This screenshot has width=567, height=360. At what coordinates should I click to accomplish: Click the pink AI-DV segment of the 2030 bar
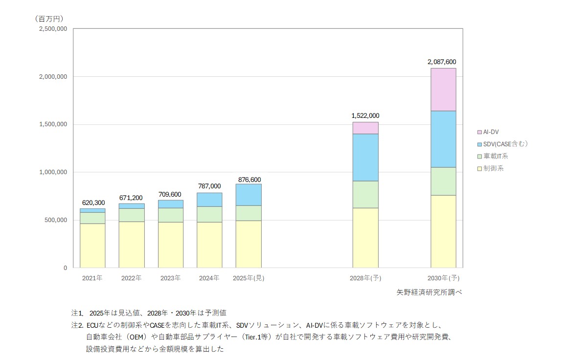coord(443,90)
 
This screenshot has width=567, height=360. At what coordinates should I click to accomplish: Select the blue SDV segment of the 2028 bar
coord(365,157)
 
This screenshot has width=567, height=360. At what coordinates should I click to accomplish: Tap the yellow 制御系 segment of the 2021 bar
coord(92,246)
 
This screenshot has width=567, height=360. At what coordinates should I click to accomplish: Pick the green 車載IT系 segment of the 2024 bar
coord(209,214)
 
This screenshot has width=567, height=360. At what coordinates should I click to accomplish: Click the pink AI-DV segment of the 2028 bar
coord(365,128)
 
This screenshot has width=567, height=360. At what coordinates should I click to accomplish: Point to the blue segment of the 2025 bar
coord(249,195)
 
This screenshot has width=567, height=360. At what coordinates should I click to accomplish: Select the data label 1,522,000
coord(365,116)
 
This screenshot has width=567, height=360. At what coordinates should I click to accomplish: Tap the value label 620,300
coord(93,202)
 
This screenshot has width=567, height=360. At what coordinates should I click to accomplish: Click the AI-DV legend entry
coord(491,132)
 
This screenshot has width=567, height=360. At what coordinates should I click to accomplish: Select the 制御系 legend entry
coord(493,168)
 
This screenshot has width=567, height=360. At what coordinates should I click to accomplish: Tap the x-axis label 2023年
coord(170,278)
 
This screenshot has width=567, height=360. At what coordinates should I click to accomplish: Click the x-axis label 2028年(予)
coord(365,278)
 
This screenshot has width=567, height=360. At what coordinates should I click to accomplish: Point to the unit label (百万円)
coord(49,19)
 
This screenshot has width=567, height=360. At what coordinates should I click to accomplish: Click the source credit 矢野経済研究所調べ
coord(429,292)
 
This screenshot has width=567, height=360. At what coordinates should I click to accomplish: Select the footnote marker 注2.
coord(77,325)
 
